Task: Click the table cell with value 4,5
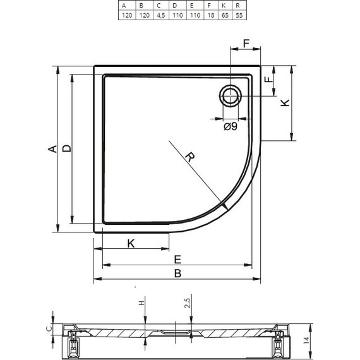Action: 161,15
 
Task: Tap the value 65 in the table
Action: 225,15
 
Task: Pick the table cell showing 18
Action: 211,15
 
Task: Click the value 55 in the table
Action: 239,15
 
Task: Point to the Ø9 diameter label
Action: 231,126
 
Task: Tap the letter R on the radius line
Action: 190,157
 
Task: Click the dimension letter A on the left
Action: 52,149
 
